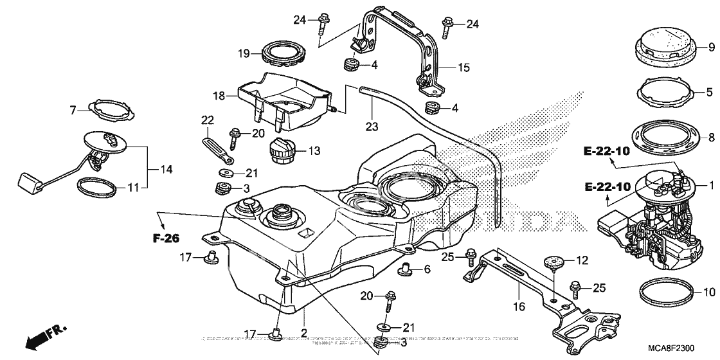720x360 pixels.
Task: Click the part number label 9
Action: coord(712,47)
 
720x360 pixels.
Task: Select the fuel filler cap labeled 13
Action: coord(282,153)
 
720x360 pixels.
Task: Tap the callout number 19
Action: coord(242,54)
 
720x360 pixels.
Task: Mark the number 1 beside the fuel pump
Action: coord(712,185)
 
